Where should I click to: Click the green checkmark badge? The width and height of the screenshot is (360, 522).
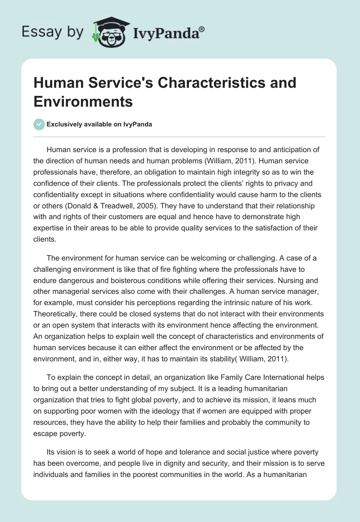tap(39, 124)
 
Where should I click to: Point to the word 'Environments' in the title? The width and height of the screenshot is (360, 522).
tap(83, 102)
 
